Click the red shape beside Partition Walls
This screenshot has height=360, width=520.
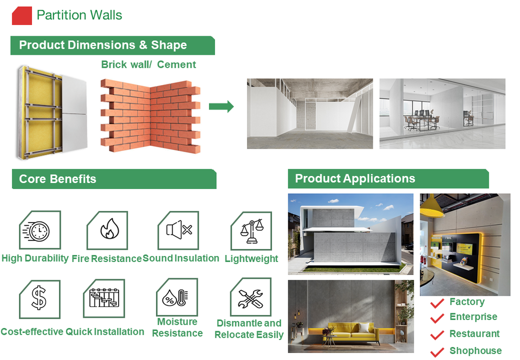pos(22,15)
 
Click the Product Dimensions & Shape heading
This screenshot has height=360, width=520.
pos(103,45)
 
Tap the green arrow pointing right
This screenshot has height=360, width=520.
pos(221,107)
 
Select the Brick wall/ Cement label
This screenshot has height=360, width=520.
pos(148,64)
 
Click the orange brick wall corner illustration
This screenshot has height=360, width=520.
pos(149,115)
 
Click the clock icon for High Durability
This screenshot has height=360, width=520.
pos(39,231)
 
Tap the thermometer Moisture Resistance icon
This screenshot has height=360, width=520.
pos(177,297)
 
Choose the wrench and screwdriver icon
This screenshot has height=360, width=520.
pos(250,297)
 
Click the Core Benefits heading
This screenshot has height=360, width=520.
pos(57,179)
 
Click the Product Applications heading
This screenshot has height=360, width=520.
pos(355,178)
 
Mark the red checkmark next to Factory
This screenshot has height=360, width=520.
pos(437,303)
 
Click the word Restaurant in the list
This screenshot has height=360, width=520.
pos(474,333)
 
